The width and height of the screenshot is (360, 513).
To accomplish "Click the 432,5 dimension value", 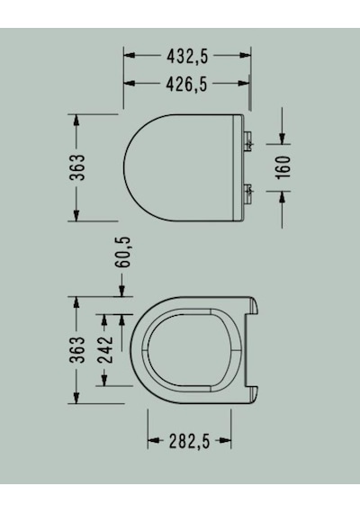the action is (x=187, y=57).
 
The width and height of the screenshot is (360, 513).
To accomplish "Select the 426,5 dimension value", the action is (x=187, y=85).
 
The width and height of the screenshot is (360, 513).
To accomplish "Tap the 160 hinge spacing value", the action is (x=283, y=167).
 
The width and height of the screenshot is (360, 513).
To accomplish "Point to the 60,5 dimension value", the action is (x=123, y=252).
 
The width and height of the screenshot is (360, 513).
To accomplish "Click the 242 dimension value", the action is (x=105, y=349).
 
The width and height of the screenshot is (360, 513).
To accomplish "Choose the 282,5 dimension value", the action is (x=189, y=441).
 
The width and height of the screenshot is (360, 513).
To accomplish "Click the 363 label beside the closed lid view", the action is (x=78, y=167).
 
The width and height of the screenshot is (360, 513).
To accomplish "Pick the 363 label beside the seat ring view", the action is (x=78, y=349).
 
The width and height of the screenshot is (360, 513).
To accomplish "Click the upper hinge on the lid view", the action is (x=248, y=140).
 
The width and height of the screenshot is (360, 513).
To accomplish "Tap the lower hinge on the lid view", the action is (x=248, y=194).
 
